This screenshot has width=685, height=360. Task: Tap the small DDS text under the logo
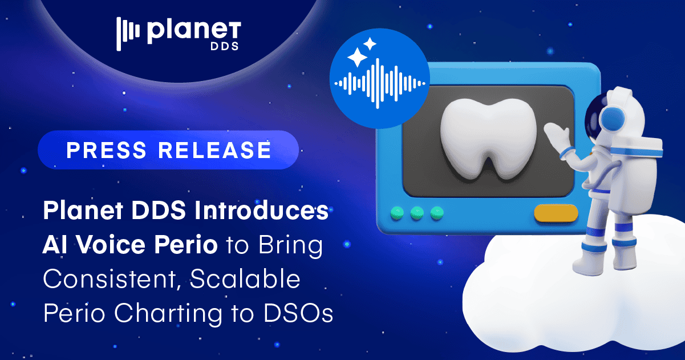[227, 47]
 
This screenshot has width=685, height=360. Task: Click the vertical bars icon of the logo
[128, 34]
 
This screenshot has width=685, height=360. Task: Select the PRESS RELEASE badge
[168, 149]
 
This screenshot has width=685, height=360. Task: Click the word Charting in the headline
[173, 314]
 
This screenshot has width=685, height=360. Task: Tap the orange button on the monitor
[556, 213]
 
